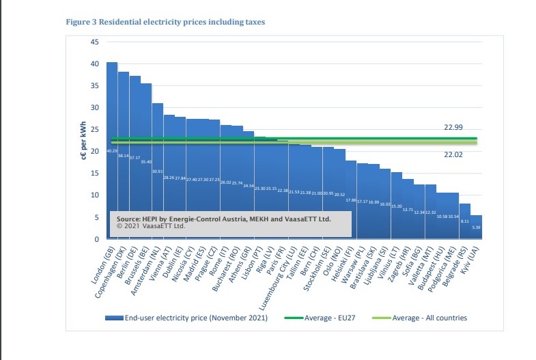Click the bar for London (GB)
point(111,137)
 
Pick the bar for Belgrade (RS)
point(464,221)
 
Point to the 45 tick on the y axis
point(95,42)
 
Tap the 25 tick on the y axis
point(95,130)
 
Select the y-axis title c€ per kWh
point(83,141)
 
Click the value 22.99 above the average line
point(454,128)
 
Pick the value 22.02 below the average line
point(454,155)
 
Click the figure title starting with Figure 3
point(165,22)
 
